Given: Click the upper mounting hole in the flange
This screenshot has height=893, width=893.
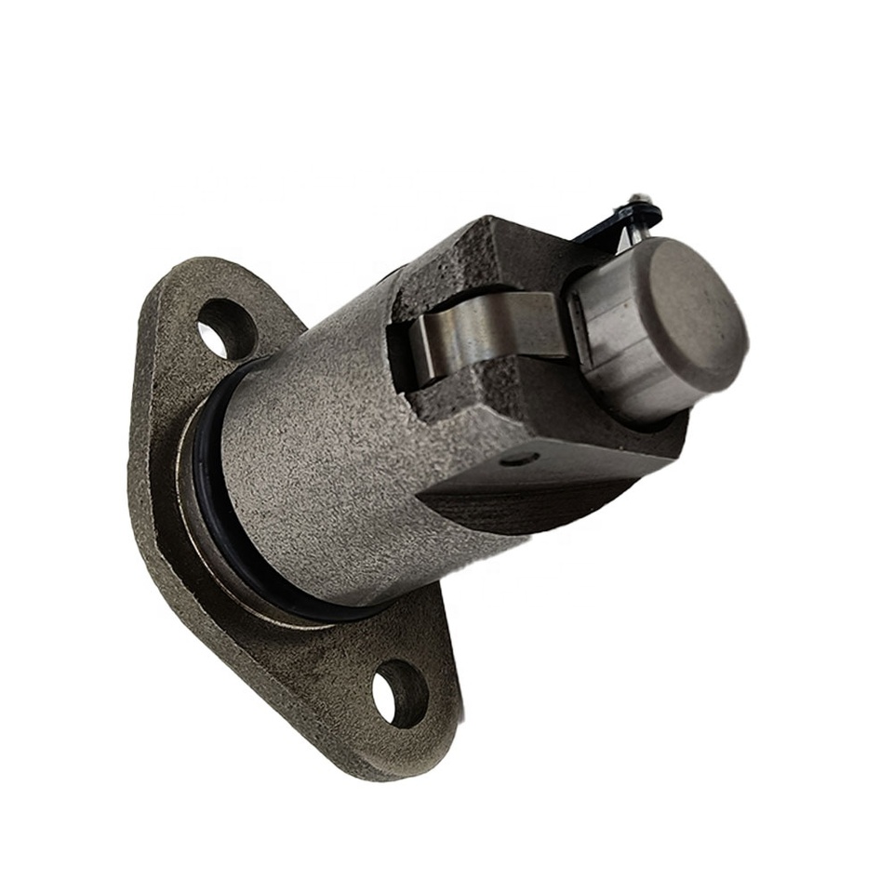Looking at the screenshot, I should pyautogui.click(x=227, y=327).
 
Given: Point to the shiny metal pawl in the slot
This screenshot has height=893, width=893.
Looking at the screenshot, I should pyautogui.click(x=484, y=335).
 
